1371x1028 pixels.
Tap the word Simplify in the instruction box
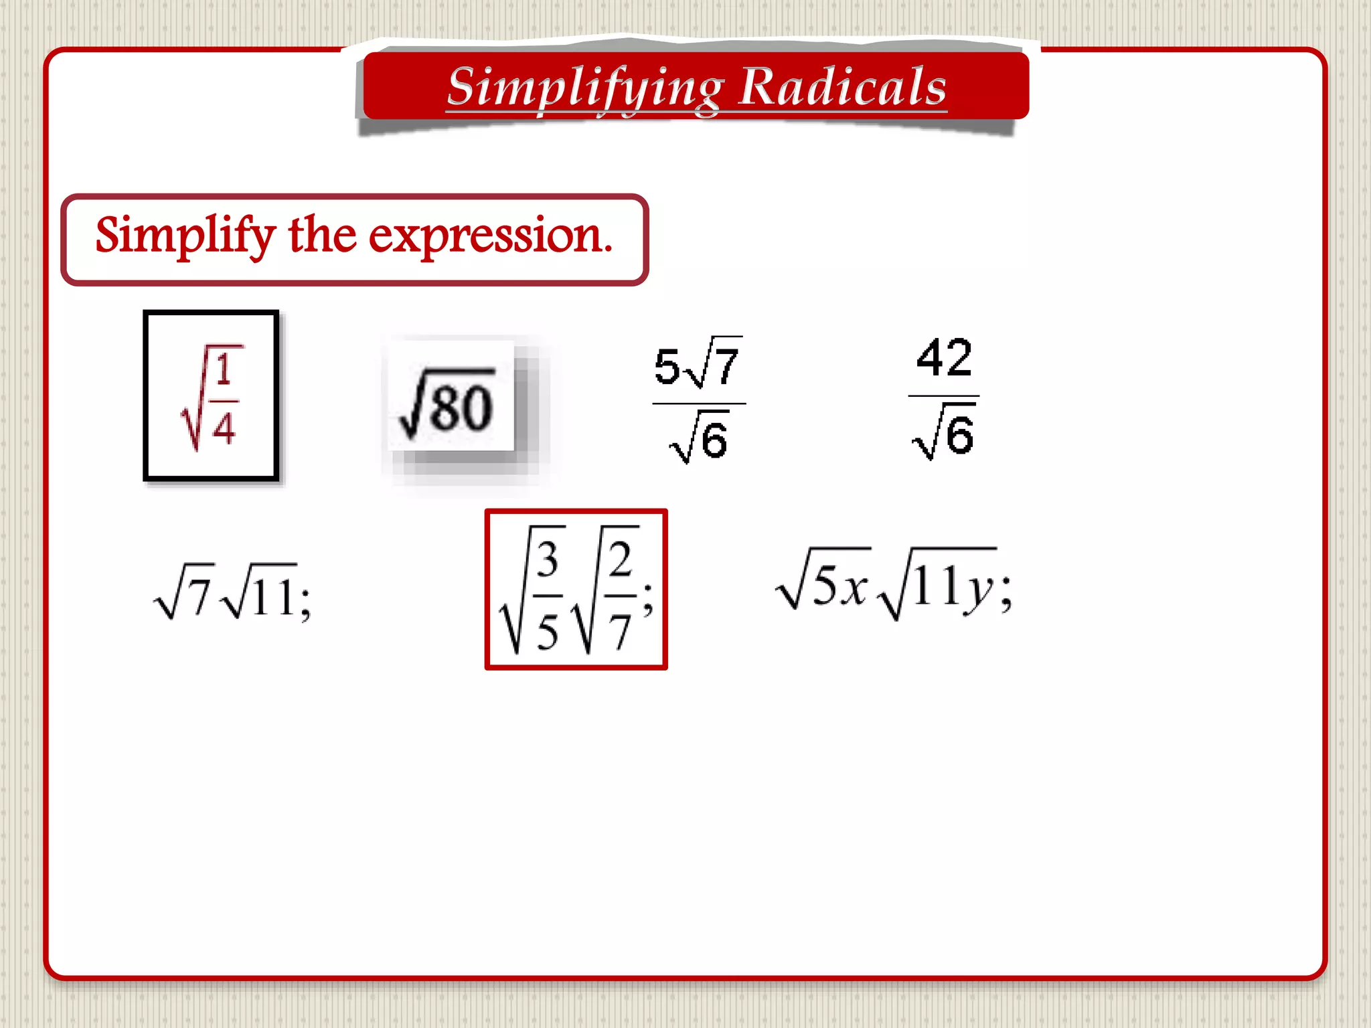[x=185, y=236]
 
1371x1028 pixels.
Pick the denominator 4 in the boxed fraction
[x=224, y=428]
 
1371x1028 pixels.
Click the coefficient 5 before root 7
[x=666, y=367]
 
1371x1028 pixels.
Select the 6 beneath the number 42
[x=960, y=436]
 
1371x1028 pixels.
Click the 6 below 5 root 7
[x=714, y=441]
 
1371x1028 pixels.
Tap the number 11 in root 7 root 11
[x=274, y=598]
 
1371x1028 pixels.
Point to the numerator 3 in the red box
[x=547, y=560]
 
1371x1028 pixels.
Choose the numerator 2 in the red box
[x=620, y=560]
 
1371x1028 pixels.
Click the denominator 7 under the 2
[x=619, y=632]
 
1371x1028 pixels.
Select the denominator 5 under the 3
[x=547, y=632]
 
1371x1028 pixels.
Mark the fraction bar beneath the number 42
[x=943, y=396]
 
